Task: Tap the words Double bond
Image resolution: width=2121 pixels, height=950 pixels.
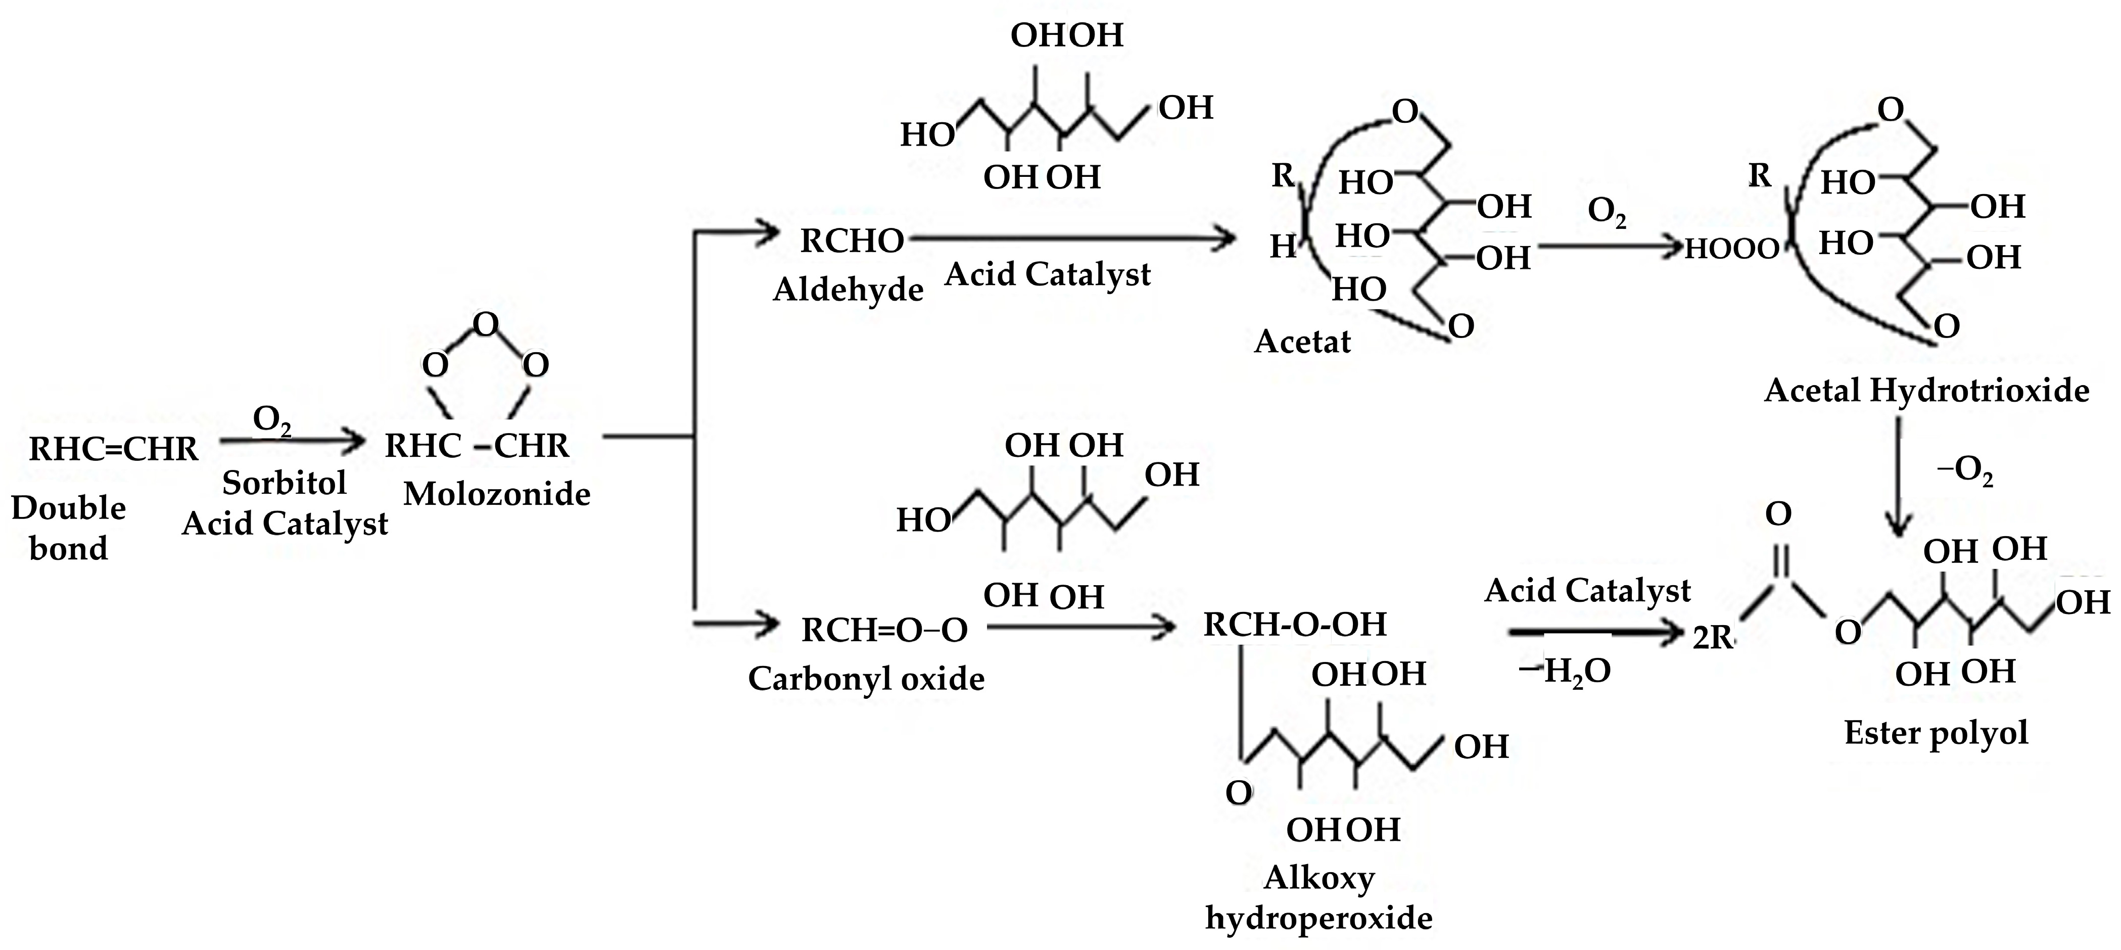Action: tap(68, 528)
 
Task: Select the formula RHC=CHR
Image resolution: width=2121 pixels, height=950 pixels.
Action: tap(114, 449)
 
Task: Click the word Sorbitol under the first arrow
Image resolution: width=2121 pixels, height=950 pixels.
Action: tap(284, 483)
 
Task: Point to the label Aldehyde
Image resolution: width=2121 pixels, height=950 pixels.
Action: tap(848, 289)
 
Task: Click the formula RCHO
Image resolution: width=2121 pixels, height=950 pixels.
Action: tap(852, 241)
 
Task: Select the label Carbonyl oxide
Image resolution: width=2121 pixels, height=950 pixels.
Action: tap(866, 678)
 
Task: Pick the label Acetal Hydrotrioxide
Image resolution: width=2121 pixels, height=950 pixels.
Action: tap(1926, 390)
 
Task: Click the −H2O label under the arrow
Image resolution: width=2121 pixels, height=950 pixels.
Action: tap(1565, 672)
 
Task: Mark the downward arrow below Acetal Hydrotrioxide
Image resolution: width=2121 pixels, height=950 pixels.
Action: tap(1899, 478)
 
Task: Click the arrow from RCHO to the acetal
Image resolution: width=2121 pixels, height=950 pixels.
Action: tap(1070, 240)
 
